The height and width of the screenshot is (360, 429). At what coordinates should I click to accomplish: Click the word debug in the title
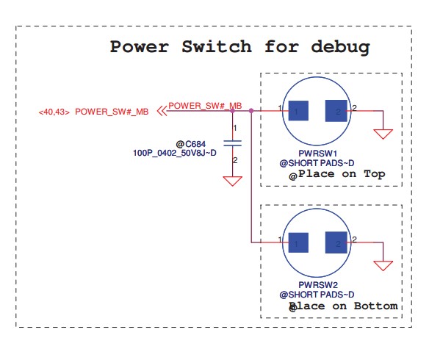click(341, 47)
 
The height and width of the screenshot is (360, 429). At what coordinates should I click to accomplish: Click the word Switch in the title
click(217, 46)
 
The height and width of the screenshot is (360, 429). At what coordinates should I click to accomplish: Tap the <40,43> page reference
click(54, 112)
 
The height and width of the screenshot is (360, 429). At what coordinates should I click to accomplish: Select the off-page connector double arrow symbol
click(162, 111)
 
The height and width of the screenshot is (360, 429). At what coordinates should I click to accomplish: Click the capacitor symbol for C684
click(233, 143)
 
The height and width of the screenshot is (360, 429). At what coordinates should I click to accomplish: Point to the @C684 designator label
click(191, 144)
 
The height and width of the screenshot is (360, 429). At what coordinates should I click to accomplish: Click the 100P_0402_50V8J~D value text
click(175, 153)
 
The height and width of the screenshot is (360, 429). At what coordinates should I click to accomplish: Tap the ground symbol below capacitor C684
click(233, 181)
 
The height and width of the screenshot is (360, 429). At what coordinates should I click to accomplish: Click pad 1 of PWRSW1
click(298, 111)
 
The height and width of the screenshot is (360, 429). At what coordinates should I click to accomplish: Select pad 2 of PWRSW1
click(336, 111)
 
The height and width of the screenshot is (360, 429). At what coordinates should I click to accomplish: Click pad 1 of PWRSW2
click(298, 242)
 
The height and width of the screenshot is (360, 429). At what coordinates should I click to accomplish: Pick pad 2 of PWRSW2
click(336, 242)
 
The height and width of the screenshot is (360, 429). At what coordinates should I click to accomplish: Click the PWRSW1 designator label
click(317, 154)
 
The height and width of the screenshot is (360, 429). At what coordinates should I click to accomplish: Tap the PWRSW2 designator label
click(318, 285)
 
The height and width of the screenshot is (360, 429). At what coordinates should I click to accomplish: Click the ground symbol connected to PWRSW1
click(383, 134)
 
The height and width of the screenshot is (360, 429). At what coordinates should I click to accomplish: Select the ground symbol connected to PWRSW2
click(383, 266)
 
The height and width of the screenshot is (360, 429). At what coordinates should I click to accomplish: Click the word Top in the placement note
click(375, 174)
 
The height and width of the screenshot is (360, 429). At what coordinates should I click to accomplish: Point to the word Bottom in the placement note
click(375, 306)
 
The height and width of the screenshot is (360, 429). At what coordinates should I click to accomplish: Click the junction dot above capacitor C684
click(233, 111)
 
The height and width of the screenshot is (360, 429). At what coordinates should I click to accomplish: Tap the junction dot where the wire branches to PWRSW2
click(251, 111)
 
